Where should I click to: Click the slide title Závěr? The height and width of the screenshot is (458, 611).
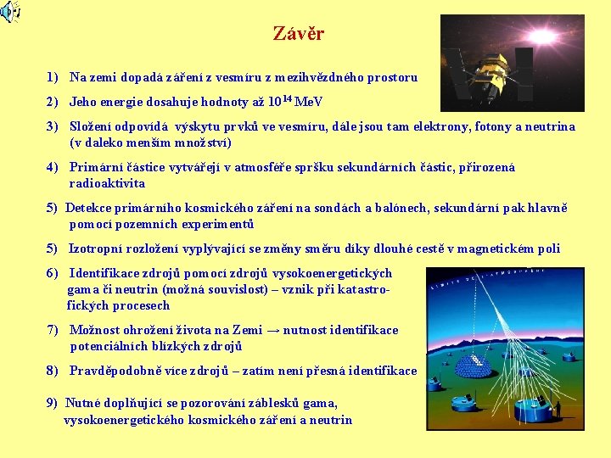(298, 34)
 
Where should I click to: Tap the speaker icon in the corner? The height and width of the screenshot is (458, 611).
(10, 12)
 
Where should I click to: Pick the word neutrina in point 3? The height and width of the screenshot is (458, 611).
(550, 126)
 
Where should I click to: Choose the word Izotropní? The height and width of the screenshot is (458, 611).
(100, 249)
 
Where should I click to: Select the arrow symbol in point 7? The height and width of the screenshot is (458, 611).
(275, 330)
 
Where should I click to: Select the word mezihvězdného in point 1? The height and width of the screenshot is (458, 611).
(300, 77)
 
